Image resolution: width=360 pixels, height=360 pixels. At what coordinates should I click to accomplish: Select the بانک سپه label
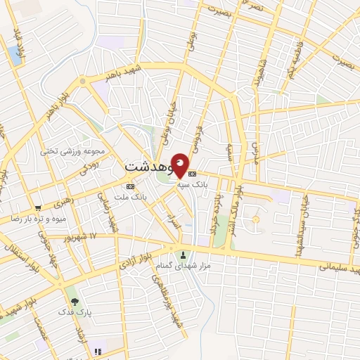214,182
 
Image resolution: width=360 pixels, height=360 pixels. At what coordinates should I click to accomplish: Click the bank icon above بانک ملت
129,186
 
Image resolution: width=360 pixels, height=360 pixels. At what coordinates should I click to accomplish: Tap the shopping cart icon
38,208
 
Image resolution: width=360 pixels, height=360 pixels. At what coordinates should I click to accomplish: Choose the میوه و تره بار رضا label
38,219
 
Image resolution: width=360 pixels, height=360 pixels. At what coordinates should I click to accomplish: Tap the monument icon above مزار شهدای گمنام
184,255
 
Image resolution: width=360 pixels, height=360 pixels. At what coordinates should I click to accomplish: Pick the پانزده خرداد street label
214,214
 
